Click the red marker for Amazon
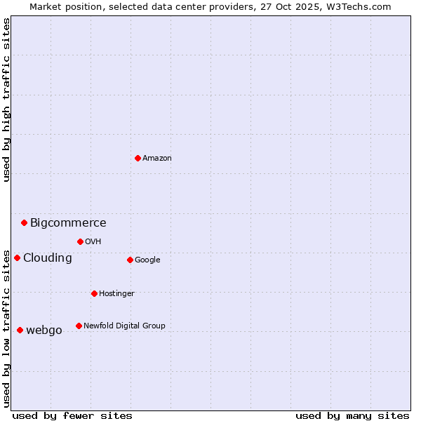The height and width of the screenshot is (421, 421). pyautogui.click(x=138, y=158)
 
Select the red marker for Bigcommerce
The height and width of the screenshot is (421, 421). pyautogui.click(x=24, y=222)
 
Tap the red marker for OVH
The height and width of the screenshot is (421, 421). pyautogui.click(x=80, y=241)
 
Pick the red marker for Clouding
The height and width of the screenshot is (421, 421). pyautogui.click(x=17, y=258)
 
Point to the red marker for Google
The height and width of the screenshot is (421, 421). pyautogui.click(x=130, y=260)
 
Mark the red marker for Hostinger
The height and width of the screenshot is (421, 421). pyautogui.click(x=94, y=293)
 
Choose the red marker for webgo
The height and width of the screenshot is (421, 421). pyautogui.click(x=20, y=330)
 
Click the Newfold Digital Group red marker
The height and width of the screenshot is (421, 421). pyautogui.click(x=79, y=326)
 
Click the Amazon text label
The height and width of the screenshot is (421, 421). pyautogui.click(x=157, y=159)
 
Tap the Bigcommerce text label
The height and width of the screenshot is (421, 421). pyautogui.click(x=68, y=223)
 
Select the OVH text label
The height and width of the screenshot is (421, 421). pyautogui.click(x=93, y=242)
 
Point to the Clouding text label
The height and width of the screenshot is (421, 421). pyautogui.click(x=48, y=258)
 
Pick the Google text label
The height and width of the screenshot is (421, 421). pyautogui.click(x=147, y=260)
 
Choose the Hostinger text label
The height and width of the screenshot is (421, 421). pyautogui.click(x=116, y=294)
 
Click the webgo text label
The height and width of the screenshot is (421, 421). pyautogui.click(x=44, y=330)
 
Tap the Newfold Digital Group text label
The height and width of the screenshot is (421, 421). pyautogui.click(x=124, y=326)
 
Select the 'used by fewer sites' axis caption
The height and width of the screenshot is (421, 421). pyautogui.click(x=72, y=415)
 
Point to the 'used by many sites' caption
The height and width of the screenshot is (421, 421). pyautogui.click(x=352, y=415)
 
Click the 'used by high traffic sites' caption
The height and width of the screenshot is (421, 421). pyautogui.click(x=7, y=100)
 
